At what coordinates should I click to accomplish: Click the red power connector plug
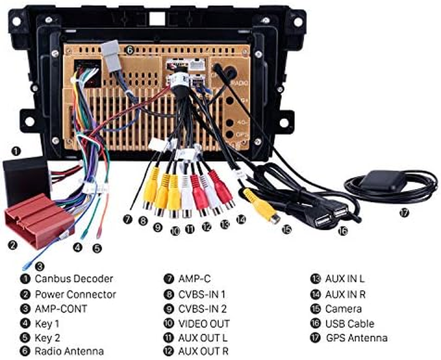click(x=38, y=219)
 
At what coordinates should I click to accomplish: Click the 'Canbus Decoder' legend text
click(x=74, y=279)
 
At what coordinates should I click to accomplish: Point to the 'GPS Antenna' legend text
click(x=356, y=337)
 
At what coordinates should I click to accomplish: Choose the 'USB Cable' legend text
click(x=349, y=323)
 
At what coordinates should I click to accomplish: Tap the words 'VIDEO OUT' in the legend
click(x=204, y=324)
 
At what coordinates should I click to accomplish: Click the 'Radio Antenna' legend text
click(x=69, y=351)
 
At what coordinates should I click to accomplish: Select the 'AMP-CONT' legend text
click(x=61, y=309)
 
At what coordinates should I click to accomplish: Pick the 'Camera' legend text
click(x=343, y=309)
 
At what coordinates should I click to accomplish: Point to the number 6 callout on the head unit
click(x=129, y=51)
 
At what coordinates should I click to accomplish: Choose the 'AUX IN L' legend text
click(x=345, y=279)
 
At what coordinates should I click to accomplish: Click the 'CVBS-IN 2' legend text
click(x=202, y=309)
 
